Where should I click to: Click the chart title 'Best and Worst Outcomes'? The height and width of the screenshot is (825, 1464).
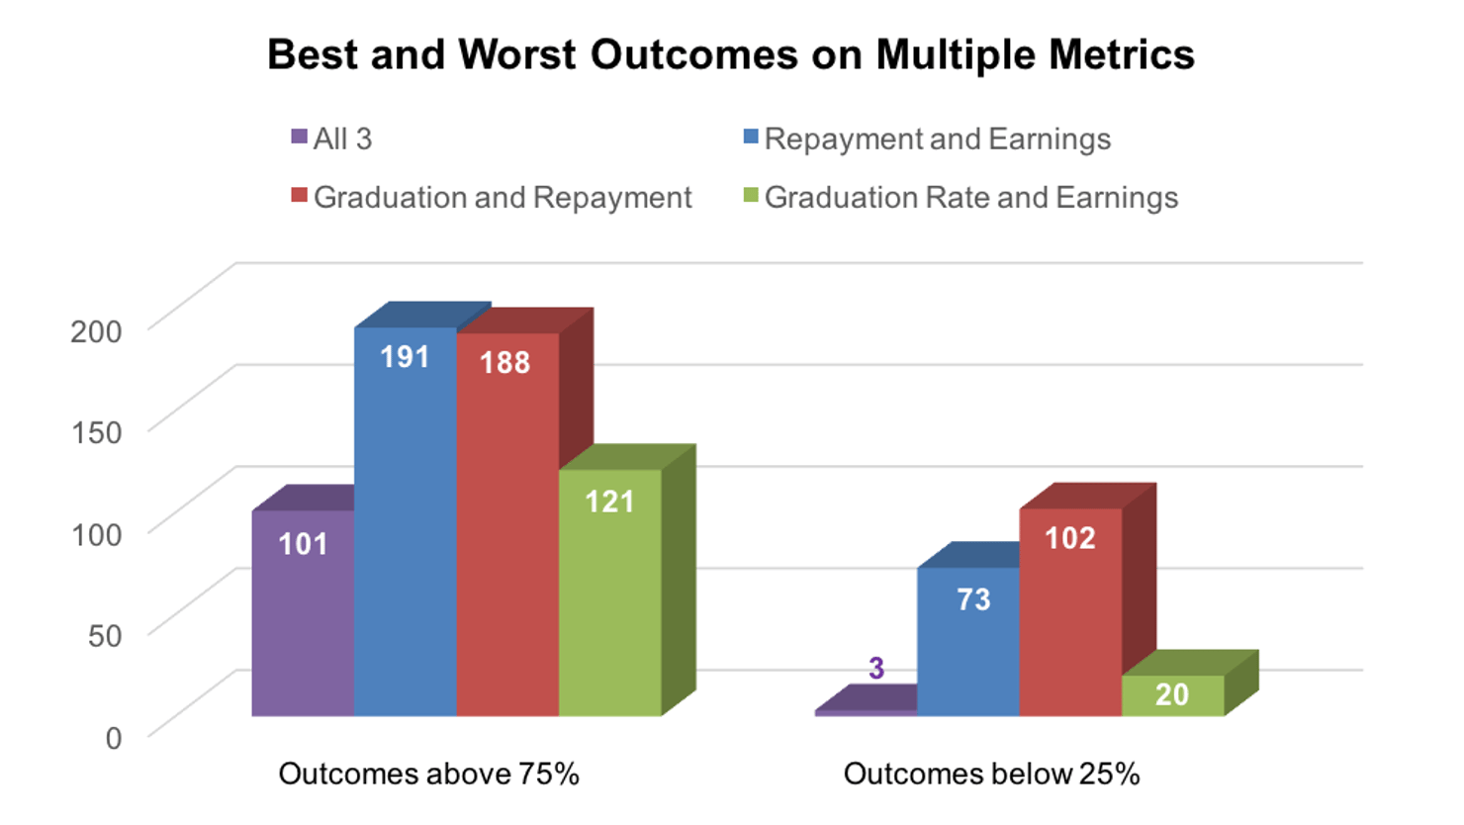point(730,55)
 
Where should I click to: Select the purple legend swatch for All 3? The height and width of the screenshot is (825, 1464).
point(299,137)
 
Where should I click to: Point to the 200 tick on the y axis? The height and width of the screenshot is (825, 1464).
point(96,331)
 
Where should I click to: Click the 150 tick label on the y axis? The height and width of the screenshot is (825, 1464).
point(96,432)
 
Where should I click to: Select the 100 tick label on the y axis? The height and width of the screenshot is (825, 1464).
point(96,534)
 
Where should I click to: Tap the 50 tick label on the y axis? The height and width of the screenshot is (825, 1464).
point(105,635)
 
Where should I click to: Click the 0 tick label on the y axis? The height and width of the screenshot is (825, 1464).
point(114,737)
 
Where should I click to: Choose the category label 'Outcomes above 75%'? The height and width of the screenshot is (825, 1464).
point(428,774)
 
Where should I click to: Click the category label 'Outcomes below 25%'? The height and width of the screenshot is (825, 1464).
point(991,774)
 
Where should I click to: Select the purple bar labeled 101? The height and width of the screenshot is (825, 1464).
point(303,613)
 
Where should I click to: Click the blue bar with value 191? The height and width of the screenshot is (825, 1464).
point(406,524)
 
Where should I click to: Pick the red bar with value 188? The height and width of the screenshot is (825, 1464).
point(507,524)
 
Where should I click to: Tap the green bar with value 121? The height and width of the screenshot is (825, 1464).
point(609,594)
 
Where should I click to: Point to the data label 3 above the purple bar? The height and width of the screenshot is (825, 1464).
point(876,669)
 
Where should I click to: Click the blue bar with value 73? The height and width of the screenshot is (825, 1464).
point(967,643)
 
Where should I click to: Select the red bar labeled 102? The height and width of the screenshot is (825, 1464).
point(1070,613)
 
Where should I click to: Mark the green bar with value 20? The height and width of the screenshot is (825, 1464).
point(1172,695)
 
